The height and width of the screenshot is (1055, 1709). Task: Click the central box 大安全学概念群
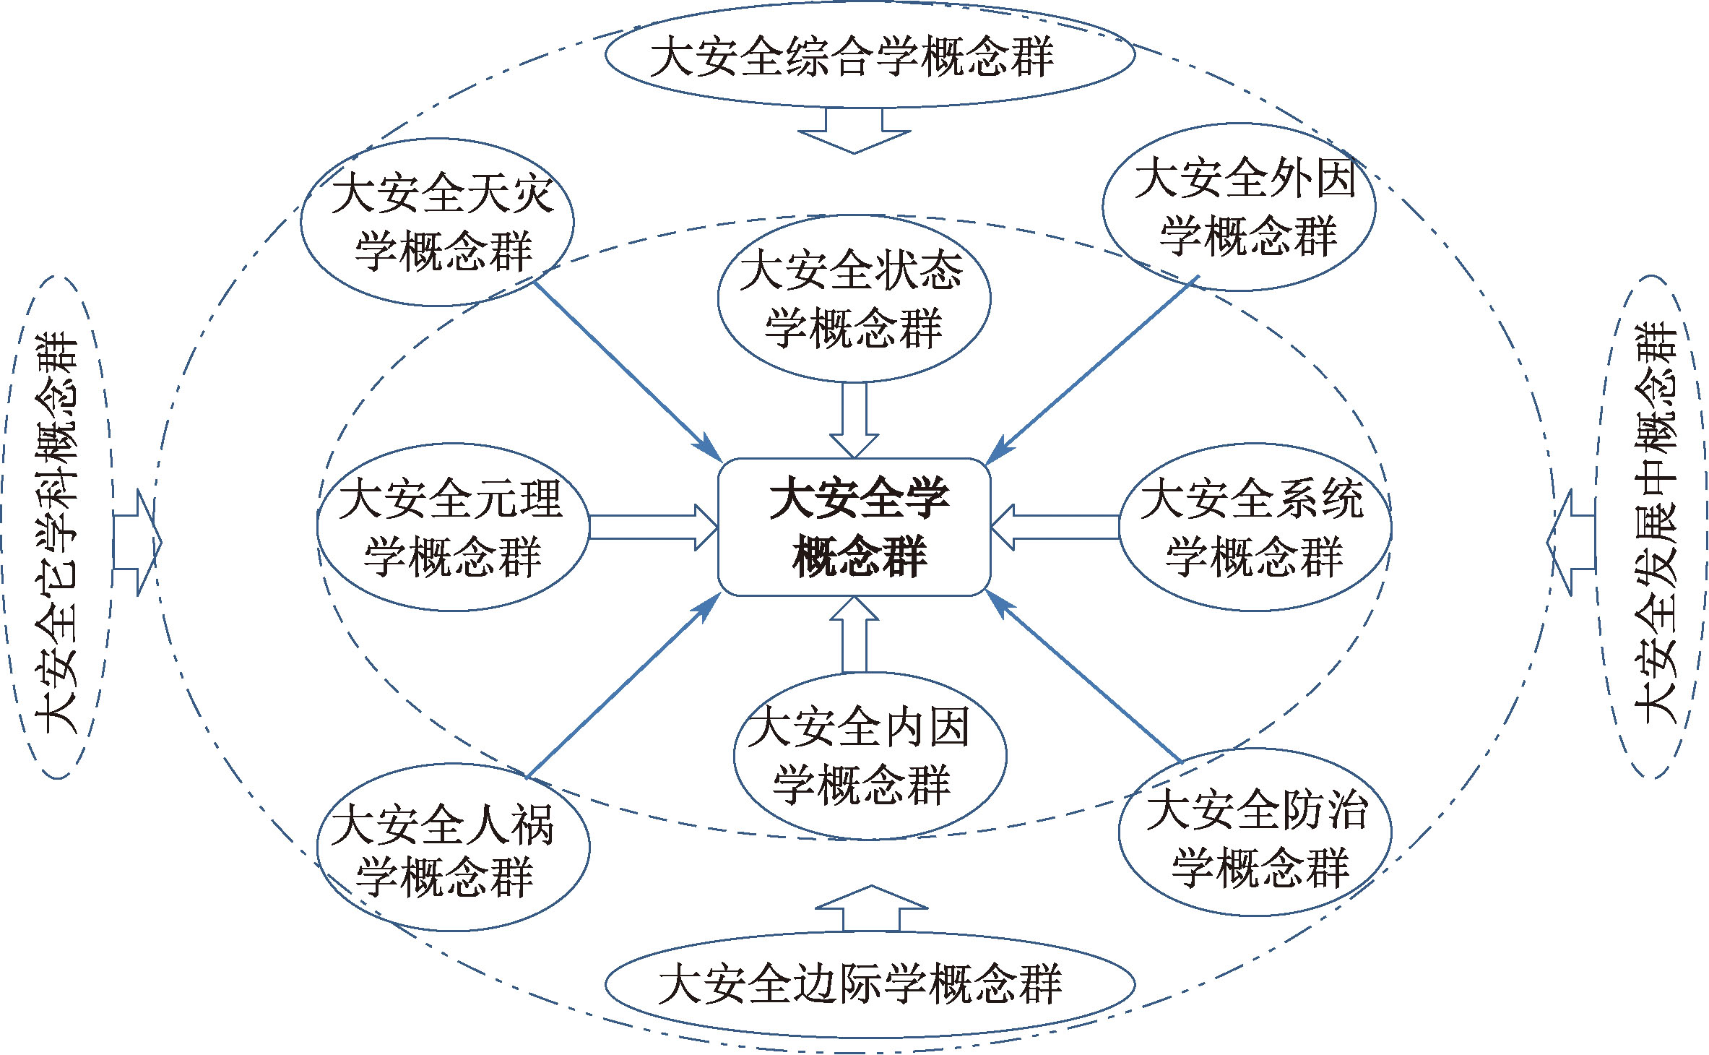pyautogui.click(x=854, y=527)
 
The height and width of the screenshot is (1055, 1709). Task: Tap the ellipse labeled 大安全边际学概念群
pyautogui.click(x=869, y=983)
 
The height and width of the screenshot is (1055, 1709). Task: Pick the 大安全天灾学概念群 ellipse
pyautogui.click(x=437, y=222)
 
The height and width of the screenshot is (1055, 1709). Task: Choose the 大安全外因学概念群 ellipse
pyautogui.click(x=1239, y=207)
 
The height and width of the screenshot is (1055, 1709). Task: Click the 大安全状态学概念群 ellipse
pyautogui.click(x=854, y=298)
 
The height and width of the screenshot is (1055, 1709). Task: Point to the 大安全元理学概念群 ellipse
pyautogui.click(x=453, y=527)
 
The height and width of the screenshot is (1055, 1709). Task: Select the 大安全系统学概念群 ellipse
pyautogui.click(x=1255, y=527)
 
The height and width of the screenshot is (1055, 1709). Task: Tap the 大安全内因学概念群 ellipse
pyautogui.click(x=870, y=756)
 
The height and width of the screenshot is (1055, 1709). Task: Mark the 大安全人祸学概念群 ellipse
pyautogui.click(x=453, y=847)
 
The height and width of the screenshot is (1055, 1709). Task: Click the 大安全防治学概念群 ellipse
pyautogui.click(x=1255, y=832)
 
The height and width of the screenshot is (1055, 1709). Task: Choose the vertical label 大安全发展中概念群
pyautogui.click(x=1654, y=526)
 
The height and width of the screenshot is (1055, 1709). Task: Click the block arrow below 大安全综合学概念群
pyautogui.click(x=854, y=131)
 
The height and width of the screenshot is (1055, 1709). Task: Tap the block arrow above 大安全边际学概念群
pyautogui.click(x=871, y=908)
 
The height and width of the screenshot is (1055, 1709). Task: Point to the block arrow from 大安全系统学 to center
pyautogui.click(x=1055, y=527)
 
